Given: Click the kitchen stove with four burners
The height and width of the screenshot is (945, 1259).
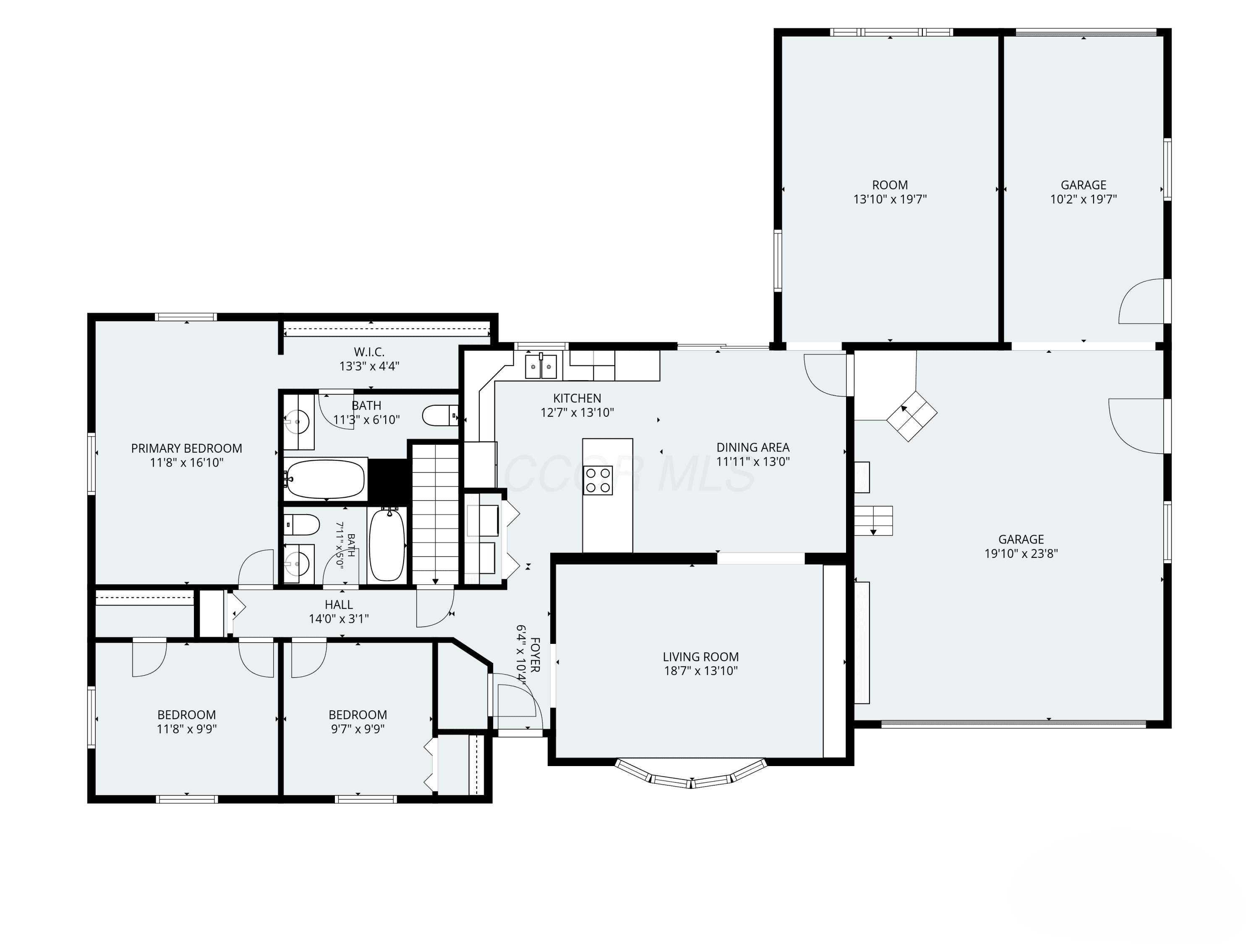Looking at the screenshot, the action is pyautogui.click(x=598, y=480).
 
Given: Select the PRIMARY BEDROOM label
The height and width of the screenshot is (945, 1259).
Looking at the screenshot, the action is pyautogui.click(x=187, y=448).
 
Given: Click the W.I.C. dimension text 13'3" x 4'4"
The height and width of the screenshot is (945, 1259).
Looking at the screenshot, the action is pyautogui.click(x=369, y=366).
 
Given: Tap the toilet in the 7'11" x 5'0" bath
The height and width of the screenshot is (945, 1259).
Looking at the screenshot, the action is pyautogui.click(x=302, y=525).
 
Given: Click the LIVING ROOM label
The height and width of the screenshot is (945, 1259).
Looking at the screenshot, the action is pyautogui.click(x=701, y=657).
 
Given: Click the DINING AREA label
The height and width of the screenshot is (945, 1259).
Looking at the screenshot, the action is pyautogui.click(x=753, y=448).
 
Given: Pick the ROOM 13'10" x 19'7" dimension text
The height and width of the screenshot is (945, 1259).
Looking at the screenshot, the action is pyautogui.click(x=890, y=199).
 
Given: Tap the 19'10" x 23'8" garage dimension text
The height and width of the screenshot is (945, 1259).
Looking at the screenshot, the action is pyautogui.click(x=1021, y=553).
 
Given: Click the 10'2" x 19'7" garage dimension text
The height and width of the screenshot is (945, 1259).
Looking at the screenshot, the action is pyautogui.click(x=1084, y=199).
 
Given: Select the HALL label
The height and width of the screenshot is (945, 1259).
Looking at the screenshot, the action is pyautogui.click(x=339, y=604).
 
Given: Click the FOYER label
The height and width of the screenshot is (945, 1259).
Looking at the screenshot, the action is pyautogui.click(x=535, y=654).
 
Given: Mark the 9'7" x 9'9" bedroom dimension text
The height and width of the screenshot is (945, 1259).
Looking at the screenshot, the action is pyautogui.click(x=358, y=729).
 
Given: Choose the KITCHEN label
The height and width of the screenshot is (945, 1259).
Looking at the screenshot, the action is pyautogui.click(x=577, y=398).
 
